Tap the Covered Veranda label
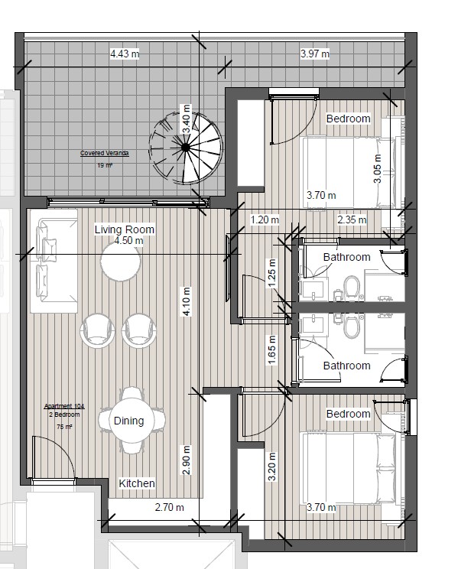click(x=105, y=154)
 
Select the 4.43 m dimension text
click(x=125, y=54)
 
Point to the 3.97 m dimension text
click(x=314, y=54)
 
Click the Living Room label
click(x=125, y=229)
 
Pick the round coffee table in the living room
click(x=121, y=264)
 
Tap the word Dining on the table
click(x=128, y=421)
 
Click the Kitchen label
click(x=137, y=483)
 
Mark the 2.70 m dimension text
click(x=169, y=507)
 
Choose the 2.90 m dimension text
click(x=185, y=460)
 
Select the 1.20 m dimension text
click(x=265, y=220)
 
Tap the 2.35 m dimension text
click(x=352, y=220)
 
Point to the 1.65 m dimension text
click(x=271, y=350)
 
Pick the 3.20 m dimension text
click(x=271, y=466)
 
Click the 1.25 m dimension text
click(x=271, y=271)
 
